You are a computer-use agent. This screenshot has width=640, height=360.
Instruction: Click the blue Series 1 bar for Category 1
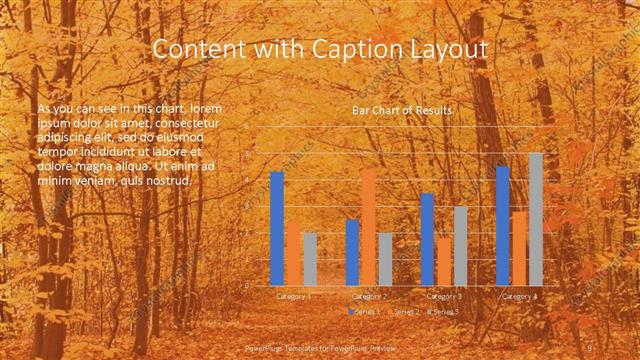click(x=277, y=228)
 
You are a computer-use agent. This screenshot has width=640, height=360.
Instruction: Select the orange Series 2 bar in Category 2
click(x=369, y=226)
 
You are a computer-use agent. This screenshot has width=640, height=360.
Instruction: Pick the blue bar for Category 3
click(x=428, y=238)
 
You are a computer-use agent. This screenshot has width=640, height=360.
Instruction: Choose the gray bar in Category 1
click(x=310, y=258)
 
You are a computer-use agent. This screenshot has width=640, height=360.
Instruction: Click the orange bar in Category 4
click(x=519, y=247)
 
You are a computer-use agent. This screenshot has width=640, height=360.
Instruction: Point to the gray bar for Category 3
click(x=460, y=245)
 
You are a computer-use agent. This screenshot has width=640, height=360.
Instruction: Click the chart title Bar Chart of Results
click(x=402, y=110)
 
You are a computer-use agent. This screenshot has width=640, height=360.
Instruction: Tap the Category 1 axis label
click(x=293, y=296)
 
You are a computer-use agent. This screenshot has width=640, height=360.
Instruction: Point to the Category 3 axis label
click(x=444, y=296)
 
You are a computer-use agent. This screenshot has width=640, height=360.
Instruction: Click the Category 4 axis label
click(x=519, y=296)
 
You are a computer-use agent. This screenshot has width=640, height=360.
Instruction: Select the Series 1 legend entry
click(x=366, y=312)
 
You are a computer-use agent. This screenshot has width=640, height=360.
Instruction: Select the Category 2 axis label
click(x=369, y=296)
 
